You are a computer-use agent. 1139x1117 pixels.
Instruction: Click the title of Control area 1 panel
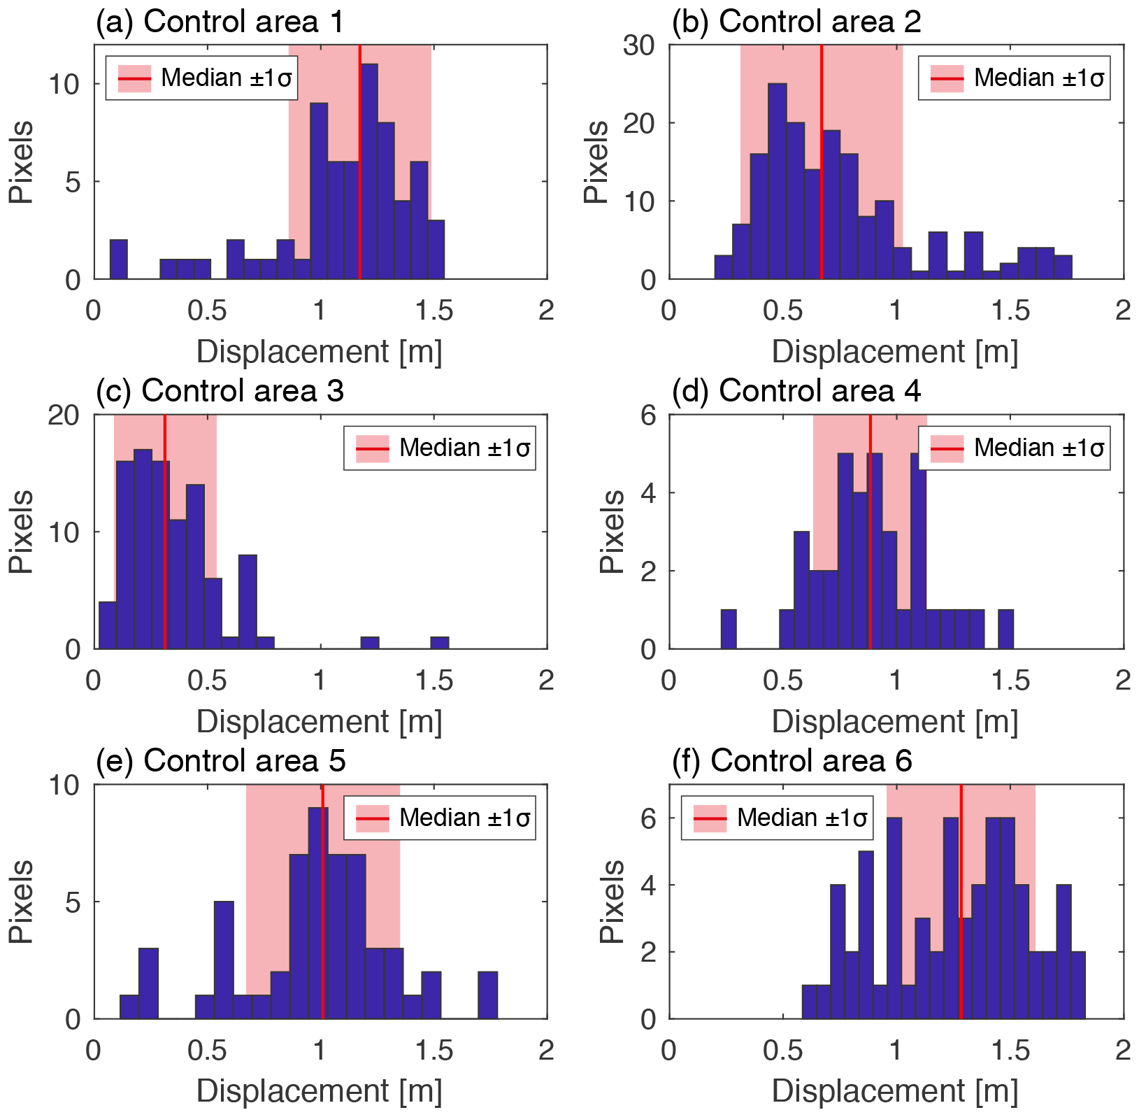(220, 22)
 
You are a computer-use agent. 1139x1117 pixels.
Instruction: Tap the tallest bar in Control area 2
(777, 181)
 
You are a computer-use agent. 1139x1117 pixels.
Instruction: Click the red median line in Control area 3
(164, 532)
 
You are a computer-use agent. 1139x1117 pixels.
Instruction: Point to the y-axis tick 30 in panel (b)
(638, 45)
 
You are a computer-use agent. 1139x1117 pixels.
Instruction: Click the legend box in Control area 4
(1014, 448)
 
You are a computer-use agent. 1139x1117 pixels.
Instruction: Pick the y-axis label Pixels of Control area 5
(22, 902)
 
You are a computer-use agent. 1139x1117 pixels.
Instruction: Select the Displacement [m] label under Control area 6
(895, 1091)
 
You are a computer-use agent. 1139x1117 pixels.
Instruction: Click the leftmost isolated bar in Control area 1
(118, 259)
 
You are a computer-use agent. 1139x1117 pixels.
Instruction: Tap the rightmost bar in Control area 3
(439, 643)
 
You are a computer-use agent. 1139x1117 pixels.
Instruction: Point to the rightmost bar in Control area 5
(487, 995)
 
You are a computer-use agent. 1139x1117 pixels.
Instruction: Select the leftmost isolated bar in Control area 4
(728, 629)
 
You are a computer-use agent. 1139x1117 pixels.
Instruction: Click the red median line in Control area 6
(961, 902)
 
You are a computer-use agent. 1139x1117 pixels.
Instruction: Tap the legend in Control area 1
(201, 78)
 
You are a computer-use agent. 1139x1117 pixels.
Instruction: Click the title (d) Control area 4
(796, 391)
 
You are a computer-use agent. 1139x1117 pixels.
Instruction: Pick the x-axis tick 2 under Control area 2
(1122, 310)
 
